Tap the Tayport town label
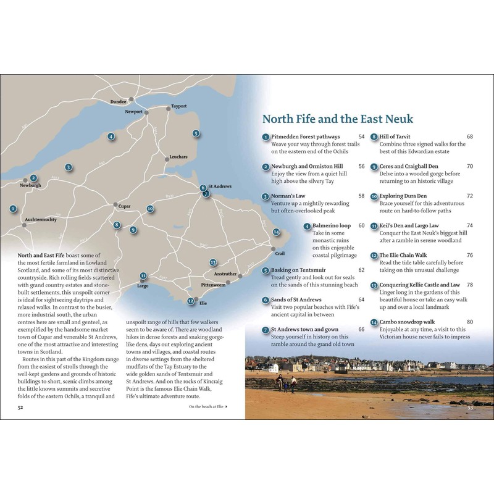point(179,106)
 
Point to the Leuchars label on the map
point(178,157)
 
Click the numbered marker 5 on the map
point(196,133)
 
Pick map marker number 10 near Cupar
point(150,209)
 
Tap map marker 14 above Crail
point(276,233)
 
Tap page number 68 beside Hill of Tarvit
point(470,136)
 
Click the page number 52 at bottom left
point(20,407)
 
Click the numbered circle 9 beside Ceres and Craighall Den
point(374,167)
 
